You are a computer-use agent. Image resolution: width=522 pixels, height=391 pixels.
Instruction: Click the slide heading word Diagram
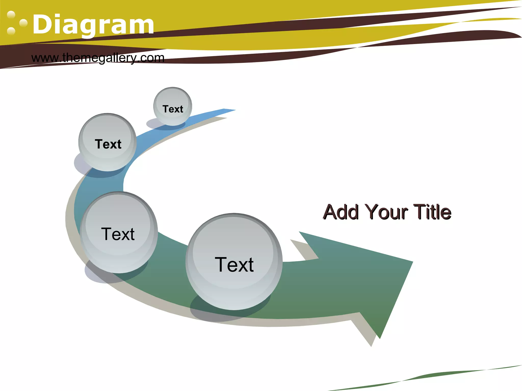point(93,25)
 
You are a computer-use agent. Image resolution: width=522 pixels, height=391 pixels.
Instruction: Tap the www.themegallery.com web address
point(98,58)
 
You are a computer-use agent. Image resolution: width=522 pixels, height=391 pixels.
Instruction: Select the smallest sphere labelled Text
point(173,106)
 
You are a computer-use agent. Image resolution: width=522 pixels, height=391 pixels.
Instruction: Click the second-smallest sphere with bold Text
point(108,142)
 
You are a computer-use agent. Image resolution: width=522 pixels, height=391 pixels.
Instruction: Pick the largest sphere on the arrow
point(234,261)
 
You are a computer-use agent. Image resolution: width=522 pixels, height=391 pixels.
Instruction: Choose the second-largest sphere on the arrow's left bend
point(119,232)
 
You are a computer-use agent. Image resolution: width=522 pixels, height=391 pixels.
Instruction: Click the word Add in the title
point(341,212)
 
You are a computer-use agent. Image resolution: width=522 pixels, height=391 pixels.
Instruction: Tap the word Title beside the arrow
point(432,212)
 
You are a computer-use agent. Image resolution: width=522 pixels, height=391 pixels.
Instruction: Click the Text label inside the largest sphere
point(234,265)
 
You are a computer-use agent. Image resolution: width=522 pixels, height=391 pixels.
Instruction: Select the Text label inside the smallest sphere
point(173,109)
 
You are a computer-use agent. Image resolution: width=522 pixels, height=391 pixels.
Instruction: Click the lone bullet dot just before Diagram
point(23,23)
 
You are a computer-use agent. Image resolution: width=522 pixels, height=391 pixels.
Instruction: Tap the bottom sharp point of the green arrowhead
point(380,338)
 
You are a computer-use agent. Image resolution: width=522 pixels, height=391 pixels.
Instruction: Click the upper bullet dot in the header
point(11,15)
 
